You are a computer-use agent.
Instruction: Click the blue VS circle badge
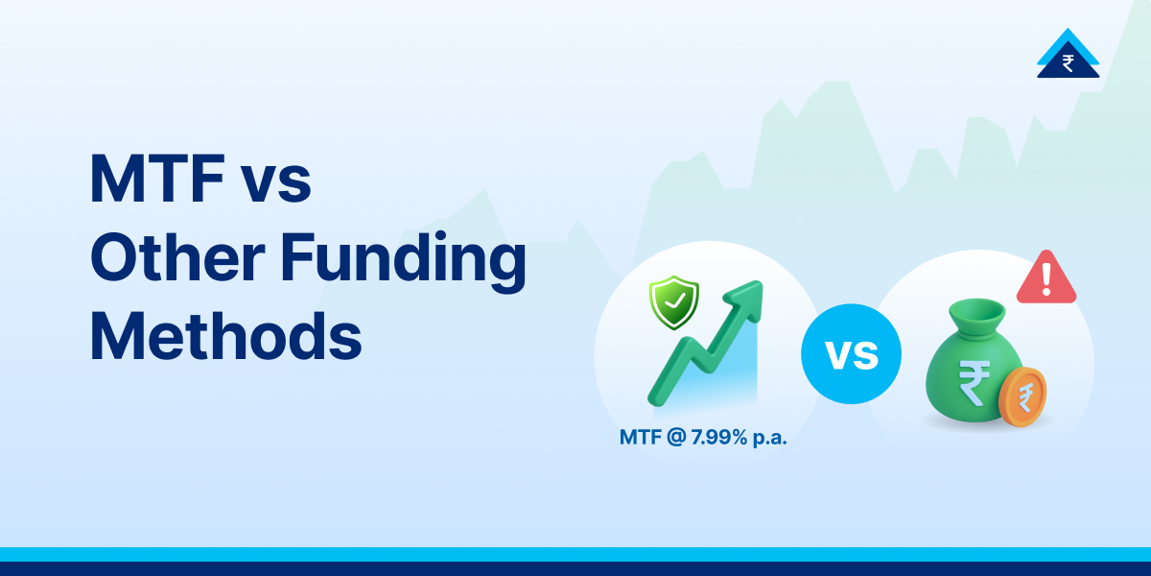pyautogui.click(x=852, y=353)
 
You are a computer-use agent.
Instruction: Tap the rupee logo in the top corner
pyautogui.click(x=1068, y=55)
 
